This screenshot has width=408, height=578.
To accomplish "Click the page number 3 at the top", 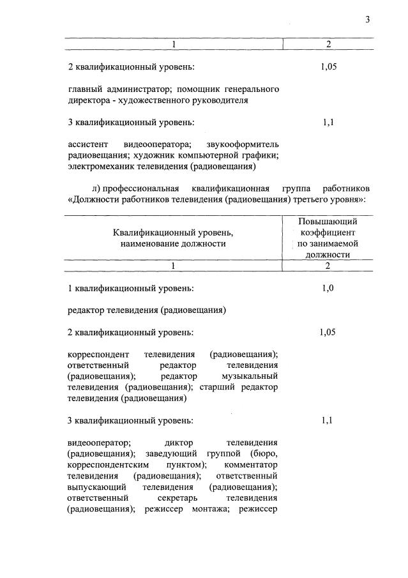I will pyautogui.click(x=367, y=19).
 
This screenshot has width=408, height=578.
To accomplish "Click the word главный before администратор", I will pyautogui.click(x=84, y=89).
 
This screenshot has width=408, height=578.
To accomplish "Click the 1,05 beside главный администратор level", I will pyautogui.click(x=328, y=66).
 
